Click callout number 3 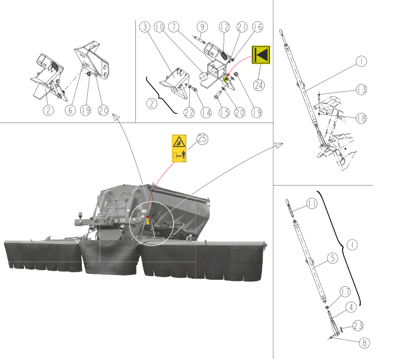(x=145, y=27)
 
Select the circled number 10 (x=159, y=27)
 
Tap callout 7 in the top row (x=174, y=27)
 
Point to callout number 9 (x=202, y=27)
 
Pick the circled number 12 (x=224, y=27)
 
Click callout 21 (x=242, y=27)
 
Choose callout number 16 (x=257, y=27)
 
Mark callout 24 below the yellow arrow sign (x=259, y=85)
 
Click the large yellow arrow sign (x=261, y=55)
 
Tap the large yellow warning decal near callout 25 (x=179, y=149)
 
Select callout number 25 (x=202, y=139)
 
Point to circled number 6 (x=70, y=110)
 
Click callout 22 (x=189, y=112)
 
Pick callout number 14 (x=206, y=112)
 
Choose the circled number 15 (x=224, y=112)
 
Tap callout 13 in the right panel (x=361, y=90)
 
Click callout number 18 (x=361, y=118)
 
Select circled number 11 (x=312, y=203)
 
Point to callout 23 (x=358, y=326)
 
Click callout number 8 (x=364, y=343)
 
